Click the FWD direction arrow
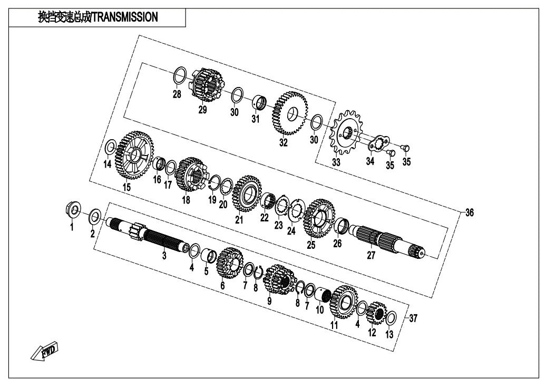pyautogui.click(x=45, y=350)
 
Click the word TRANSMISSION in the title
pyautogui.click(x=125, y=17)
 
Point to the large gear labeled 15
pyautogui.click(x=134, y=156)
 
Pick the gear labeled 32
pyautogui.click(x=290, y=113)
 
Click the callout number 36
pyautogui.click(x=470, y=212)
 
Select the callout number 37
pyautogui.click(x=413, y=318)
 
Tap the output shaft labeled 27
pyautogui.click(x=387, y=241)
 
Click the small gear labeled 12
pyautogui.click(x=377, y=313)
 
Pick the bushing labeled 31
pyautogui.click(x=259, y=102)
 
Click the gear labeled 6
pyautogui.click(x=230, y=263)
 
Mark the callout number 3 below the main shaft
pyautogui.click(x=164, y=255)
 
